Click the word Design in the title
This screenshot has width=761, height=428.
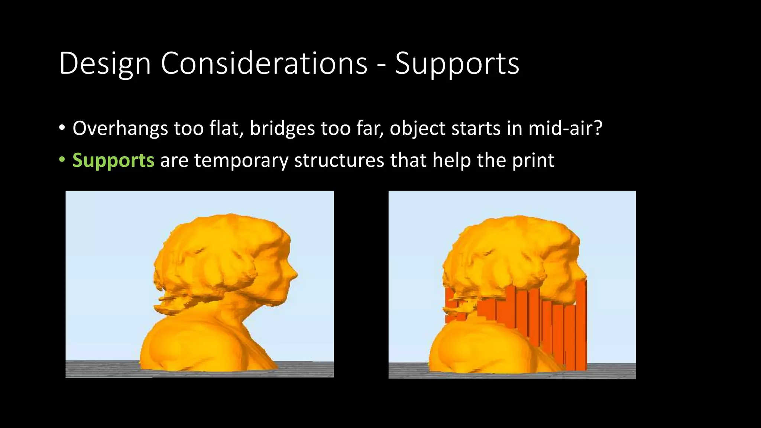tap(105, 64)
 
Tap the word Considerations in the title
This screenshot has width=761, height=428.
tap(264, 63)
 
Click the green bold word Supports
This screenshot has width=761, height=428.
tap(113, 161)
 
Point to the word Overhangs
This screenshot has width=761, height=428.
tap(120, 129)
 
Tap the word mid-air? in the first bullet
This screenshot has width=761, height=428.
tap(565, 128)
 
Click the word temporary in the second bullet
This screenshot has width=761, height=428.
tap(241, 161)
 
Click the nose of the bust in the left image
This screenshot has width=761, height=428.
tap(295, 275)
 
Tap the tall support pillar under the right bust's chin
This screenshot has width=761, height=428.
tap(581, 323)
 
